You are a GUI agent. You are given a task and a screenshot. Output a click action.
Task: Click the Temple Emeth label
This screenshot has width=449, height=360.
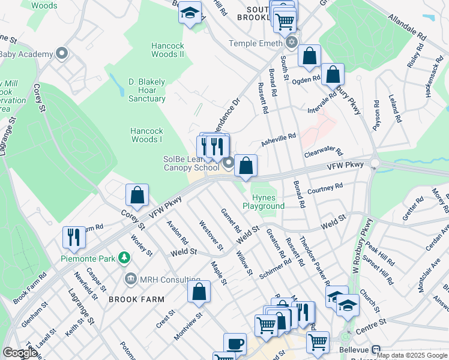pos(256,43)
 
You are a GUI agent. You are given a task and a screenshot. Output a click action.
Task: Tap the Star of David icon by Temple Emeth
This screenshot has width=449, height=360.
pos(292,42)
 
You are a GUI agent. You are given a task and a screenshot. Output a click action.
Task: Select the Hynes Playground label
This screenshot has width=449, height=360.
pos(264,202)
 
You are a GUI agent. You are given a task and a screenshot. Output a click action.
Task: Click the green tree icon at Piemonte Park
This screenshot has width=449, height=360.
pos(124,258)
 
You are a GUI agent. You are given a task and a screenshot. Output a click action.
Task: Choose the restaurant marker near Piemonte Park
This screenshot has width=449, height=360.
pos(74,237)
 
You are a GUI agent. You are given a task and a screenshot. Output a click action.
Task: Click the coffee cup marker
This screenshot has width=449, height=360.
pos(235,344)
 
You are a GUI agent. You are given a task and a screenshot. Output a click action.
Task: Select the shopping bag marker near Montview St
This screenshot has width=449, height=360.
pos(199,292)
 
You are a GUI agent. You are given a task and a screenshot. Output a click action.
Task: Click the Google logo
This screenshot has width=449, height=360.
pos(20,353)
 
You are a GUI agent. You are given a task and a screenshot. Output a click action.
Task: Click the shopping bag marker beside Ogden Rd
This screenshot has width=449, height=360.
pos(332,75)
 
